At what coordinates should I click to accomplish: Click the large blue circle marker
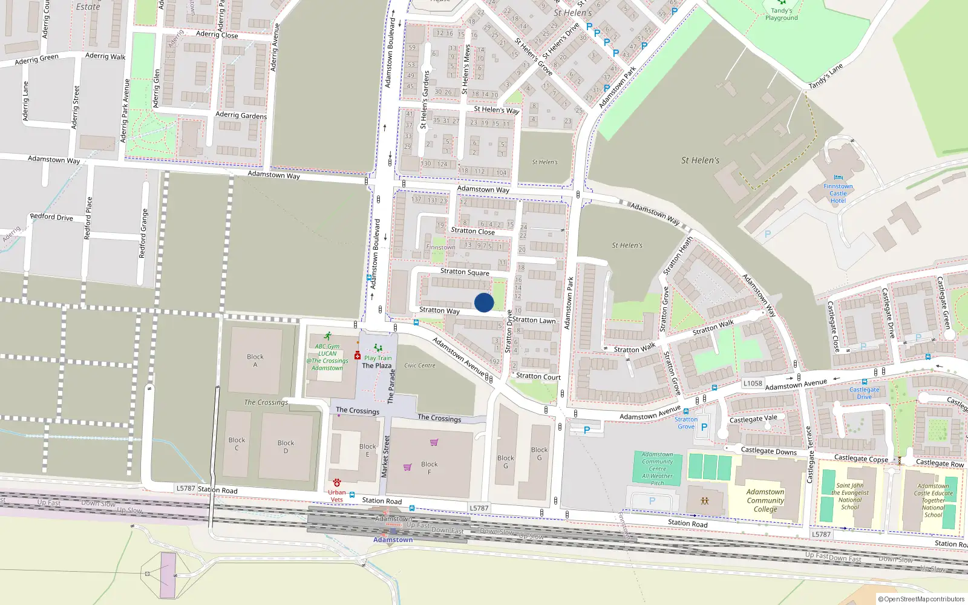[x=484, y=302]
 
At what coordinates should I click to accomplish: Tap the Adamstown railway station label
[x=393, y=540]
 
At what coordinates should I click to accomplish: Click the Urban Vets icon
[x=337, y=483]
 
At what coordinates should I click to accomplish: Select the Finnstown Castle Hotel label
[x=838, y=194]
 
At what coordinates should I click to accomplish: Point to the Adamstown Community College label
[x=765, y=500]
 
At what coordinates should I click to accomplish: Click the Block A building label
[x=255, y=361]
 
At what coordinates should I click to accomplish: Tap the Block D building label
[x=286, y=446]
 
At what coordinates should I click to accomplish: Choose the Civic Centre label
[x=420, y=365]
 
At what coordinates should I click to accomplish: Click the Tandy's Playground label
[x=781, y=14]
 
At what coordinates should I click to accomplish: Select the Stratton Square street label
[x=465, y=272]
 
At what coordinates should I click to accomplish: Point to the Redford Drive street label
[x=51, y=217]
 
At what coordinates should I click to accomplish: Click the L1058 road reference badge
[x=753, y=383]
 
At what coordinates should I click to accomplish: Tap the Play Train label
[x=378, y=358]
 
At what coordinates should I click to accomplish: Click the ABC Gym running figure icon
[x=327, y=336]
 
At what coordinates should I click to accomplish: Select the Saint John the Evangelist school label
[x=850, y=496]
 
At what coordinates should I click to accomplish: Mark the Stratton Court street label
[x=538, y=376]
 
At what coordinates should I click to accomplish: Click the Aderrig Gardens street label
[x=241, y=115]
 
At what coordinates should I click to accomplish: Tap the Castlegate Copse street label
[x=861, y=459]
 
